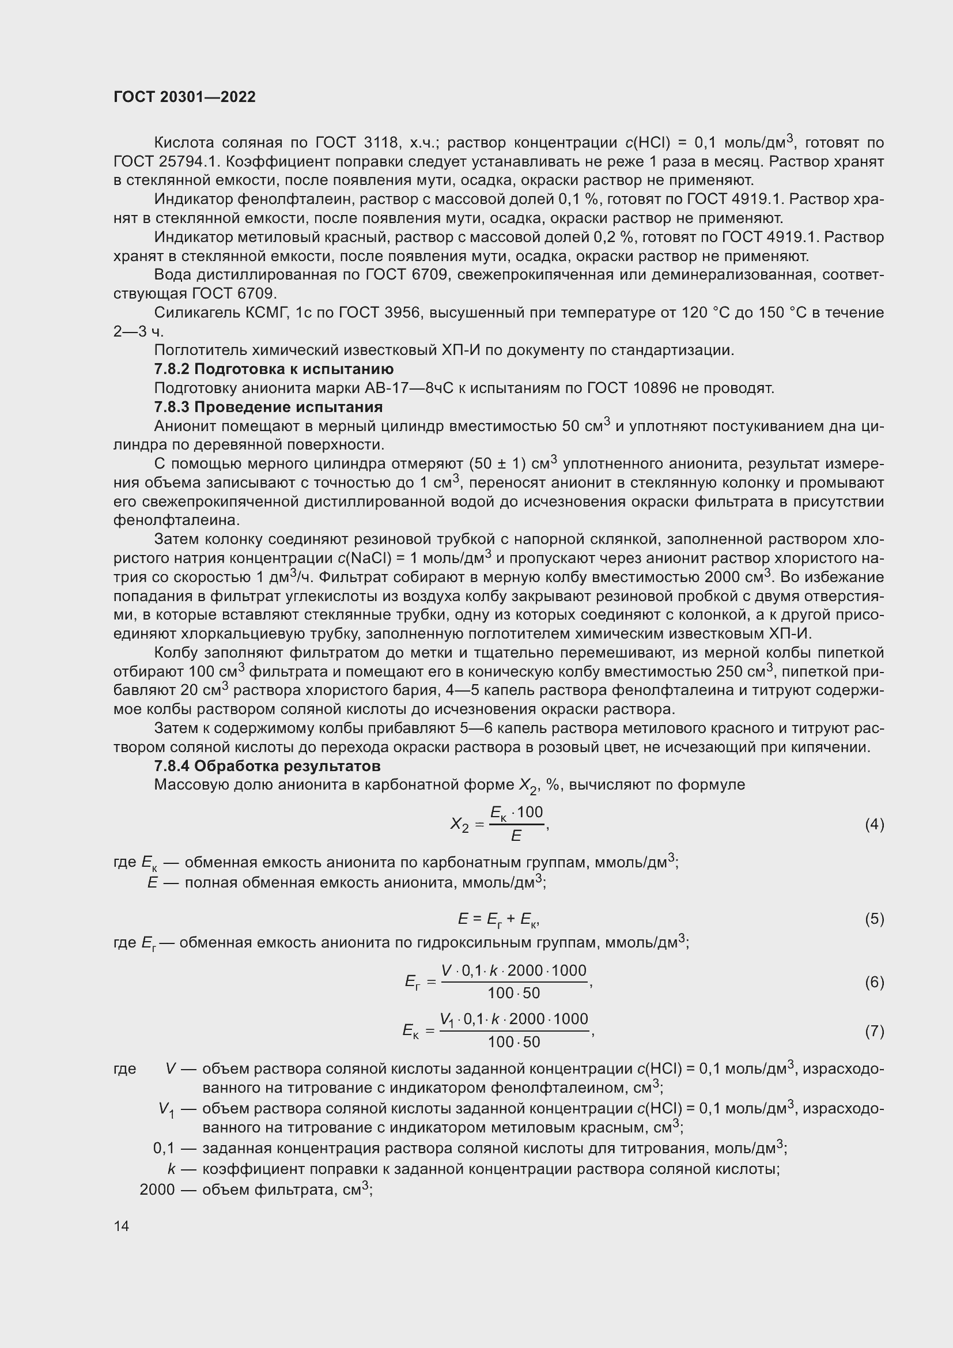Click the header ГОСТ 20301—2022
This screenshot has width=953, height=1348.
(x=184, y=97)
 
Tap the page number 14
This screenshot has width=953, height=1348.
(x=122, y=1226)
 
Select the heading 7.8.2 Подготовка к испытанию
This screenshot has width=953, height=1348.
(x=274, y=369)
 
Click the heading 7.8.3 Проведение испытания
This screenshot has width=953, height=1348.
(x=268, y=407)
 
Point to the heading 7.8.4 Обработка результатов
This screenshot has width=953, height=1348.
(x=267, y=765)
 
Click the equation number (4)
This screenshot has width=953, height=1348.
(x=874, y=824)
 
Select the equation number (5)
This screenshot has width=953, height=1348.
(x=874, y=918)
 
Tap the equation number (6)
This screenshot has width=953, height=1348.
(x=874, y=981)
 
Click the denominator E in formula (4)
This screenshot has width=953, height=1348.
(x=516, y=836)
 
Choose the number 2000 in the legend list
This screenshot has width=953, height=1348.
(x=157, y=1189)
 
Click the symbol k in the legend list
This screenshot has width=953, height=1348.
(x=171, y=1169)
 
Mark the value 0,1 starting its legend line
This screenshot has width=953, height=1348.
(x=164, y=1149)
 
